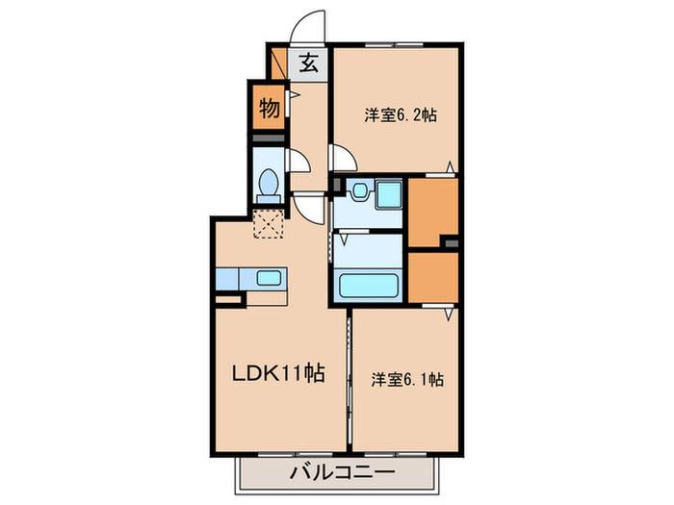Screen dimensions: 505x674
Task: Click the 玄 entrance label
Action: pos(308,64)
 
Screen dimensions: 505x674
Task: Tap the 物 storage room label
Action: pos(270,109)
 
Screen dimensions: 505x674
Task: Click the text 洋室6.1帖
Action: pos(406,379)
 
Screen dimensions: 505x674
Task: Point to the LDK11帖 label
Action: pos(275,376)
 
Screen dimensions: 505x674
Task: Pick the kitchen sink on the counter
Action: pos(269,279)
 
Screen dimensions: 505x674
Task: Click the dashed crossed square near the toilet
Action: pos(268,223)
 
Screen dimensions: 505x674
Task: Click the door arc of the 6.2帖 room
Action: pos(343,157)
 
